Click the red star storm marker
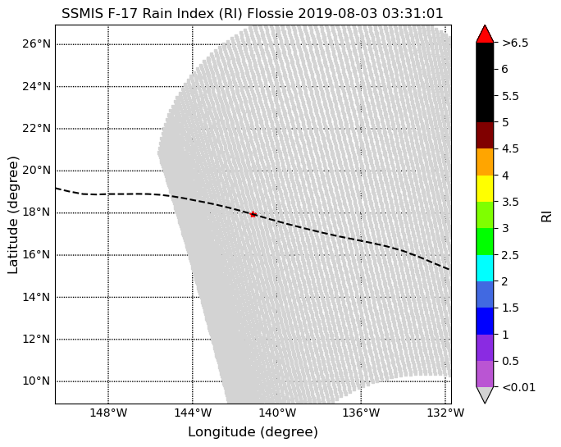253,214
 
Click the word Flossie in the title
270,14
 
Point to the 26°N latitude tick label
36,44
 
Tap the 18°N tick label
36,212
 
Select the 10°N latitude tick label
36,381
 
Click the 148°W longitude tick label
108,413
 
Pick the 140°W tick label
277,413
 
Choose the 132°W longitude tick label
445,413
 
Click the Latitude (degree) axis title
13,216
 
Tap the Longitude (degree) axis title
253,432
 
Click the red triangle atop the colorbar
485,34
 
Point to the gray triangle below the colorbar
485,395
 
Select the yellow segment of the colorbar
485,189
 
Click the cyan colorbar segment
485,268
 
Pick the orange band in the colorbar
485,162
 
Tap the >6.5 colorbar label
515,43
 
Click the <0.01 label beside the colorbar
519,387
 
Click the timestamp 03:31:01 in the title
413,14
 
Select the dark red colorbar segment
485,135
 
